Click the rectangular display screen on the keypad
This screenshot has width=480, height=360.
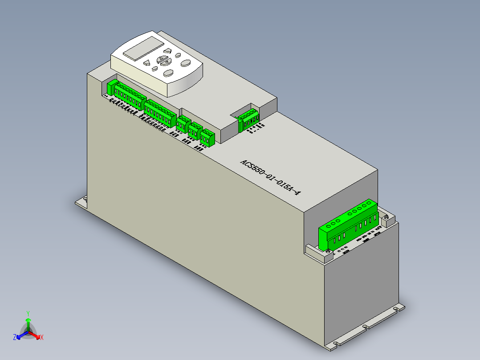tap(142, 49)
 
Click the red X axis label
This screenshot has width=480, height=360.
tap(42, 337)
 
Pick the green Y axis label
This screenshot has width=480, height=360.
tap(28, 313)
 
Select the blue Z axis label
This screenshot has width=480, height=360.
tap(15, 338)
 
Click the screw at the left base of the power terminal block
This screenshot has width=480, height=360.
tap(329, 253)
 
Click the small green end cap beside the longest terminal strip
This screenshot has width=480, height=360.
tap(111, 88)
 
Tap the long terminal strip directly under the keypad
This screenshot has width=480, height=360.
tap(130, 96)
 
